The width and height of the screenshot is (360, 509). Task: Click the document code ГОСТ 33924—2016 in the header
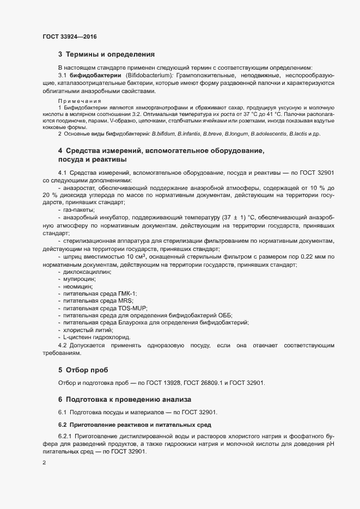tap(70, 36)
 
